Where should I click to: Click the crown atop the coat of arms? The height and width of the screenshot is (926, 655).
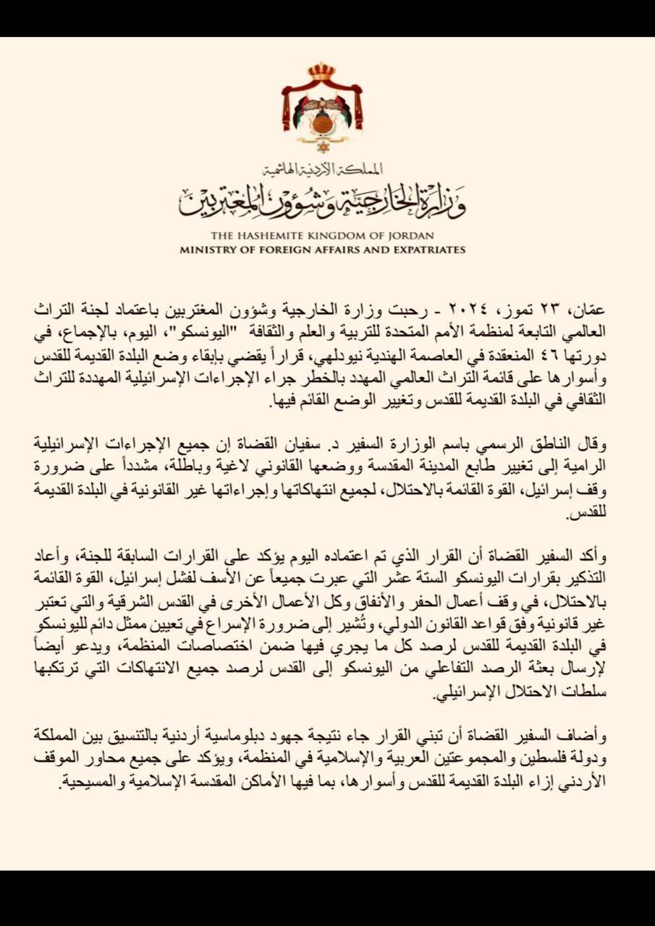(321, 72)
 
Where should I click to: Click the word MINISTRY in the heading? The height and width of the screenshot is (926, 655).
(205, 250)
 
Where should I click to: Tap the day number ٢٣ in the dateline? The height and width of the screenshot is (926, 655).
(577, 310)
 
